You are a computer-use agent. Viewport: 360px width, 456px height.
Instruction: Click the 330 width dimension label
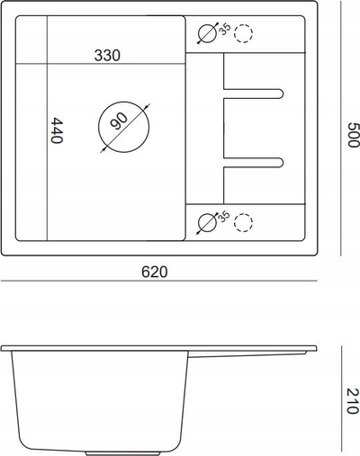107,56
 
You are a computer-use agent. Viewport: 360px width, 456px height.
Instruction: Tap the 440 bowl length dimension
57,130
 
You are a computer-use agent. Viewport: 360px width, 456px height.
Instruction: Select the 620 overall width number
155,272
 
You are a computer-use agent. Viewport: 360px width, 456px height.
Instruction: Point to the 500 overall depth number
353,135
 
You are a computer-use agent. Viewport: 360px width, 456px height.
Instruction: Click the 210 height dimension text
353,401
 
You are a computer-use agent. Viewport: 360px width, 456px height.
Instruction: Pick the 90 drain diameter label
119,121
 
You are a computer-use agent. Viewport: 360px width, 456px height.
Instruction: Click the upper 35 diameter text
225,29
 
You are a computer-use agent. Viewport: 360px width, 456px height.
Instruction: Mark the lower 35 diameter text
223,217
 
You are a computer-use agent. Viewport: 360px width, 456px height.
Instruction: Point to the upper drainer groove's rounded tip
282,94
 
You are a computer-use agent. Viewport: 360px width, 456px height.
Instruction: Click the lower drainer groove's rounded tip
282,162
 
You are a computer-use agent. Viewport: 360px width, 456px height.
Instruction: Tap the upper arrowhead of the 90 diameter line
147,106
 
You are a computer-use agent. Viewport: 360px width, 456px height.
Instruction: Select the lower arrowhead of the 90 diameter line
103,149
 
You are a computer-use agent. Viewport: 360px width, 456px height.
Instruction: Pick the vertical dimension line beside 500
341,129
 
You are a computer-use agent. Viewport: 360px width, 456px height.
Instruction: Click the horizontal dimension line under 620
159,281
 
